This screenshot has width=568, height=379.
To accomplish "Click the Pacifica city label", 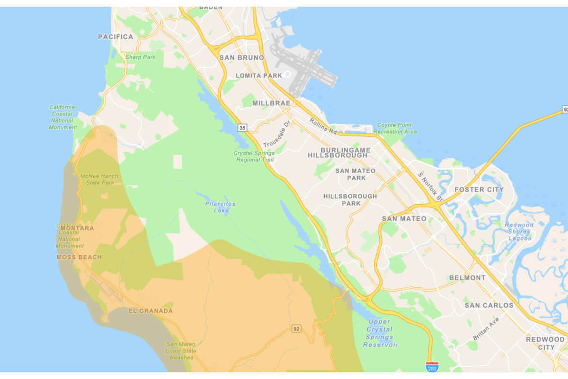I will click(115, 36).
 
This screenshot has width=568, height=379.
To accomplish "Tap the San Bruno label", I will click(241, 57).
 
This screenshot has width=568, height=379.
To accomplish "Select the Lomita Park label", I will click(258, 75).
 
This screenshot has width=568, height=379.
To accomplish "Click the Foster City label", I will click(479, 189).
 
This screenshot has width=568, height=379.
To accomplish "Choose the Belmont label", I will click(467, 278).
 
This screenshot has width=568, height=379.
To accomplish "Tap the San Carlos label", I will click(488, 305).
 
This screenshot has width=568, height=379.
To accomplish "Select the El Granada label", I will click(151, 311).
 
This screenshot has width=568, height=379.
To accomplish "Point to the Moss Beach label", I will click(79, 257).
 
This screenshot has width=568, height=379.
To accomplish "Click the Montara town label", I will click(77, 228).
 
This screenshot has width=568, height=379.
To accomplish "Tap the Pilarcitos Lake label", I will click(220, 207).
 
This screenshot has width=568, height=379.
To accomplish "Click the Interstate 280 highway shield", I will click(432, 366).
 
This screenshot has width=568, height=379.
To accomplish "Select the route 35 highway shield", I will click(242, 127).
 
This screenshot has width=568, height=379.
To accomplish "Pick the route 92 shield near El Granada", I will click(296, 328).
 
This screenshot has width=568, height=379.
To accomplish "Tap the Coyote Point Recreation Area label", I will click(395, 128).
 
